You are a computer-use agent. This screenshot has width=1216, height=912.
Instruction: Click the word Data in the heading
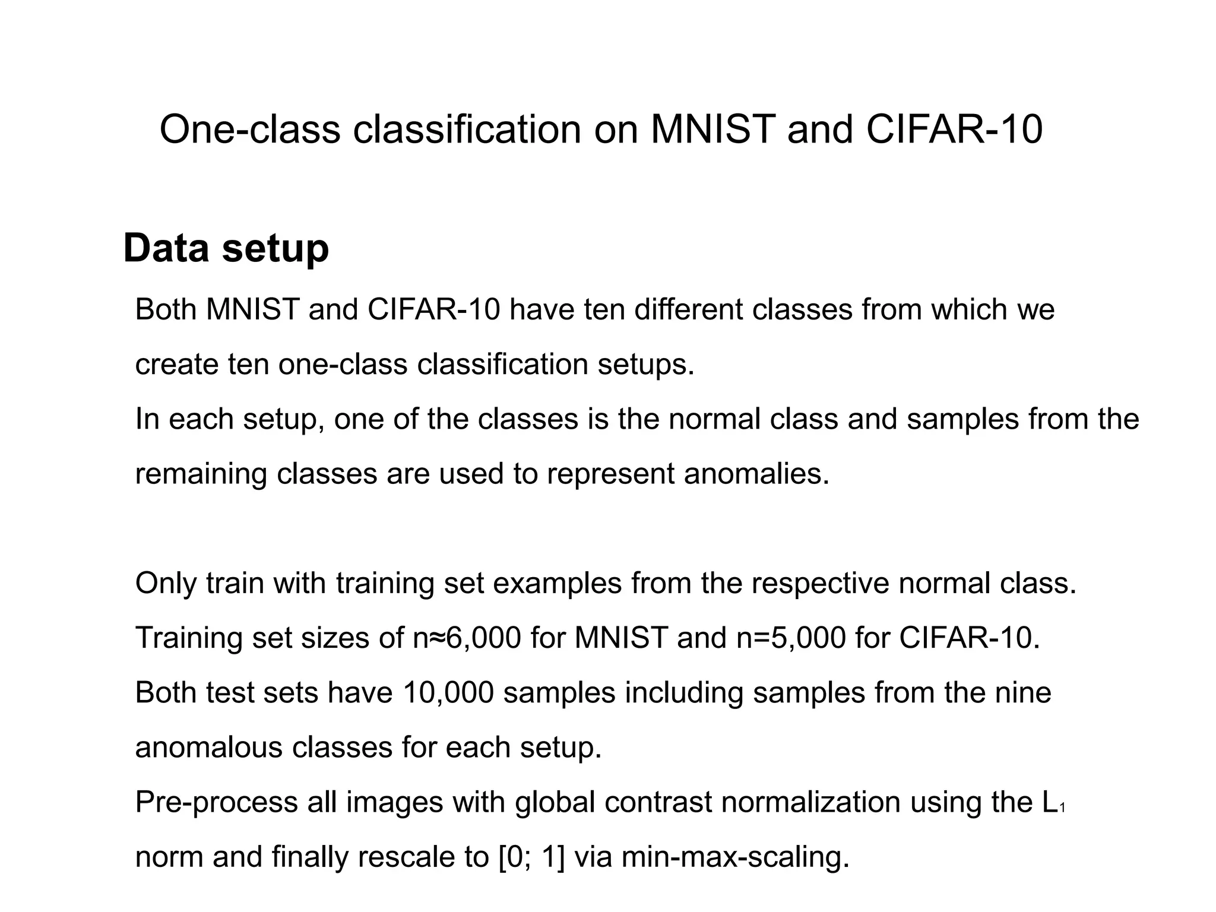point(166,248)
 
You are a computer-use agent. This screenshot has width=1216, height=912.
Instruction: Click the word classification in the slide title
point(467,129)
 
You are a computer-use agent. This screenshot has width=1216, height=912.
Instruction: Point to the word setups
point(645,364)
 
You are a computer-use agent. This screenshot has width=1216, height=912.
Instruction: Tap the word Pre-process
point(216,802)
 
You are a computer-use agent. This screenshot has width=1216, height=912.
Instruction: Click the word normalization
point(810,802)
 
